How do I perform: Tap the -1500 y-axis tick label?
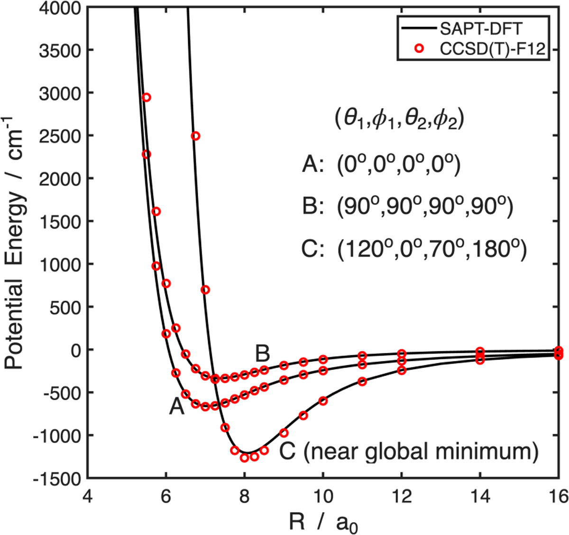(56, 478)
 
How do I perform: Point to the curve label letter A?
(176, 407)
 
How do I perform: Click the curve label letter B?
(263, 354)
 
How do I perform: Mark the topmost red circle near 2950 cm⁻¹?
(146, 97)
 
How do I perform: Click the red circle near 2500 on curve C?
(195, 136)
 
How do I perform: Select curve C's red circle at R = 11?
(362, 381)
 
